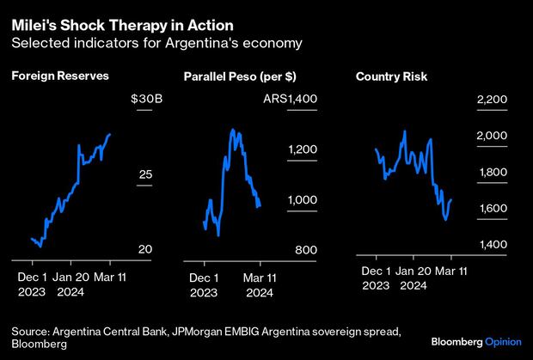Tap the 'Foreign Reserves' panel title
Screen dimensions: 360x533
point(60,76)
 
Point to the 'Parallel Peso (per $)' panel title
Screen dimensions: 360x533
point(235,77)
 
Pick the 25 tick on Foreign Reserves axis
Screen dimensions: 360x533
point(145,174)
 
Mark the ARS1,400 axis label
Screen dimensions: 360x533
point(292,100)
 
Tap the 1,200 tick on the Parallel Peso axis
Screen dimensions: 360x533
point(303,149)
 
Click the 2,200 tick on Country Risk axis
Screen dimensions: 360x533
point(491,100)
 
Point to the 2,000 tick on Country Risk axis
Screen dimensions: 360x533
point(491,136)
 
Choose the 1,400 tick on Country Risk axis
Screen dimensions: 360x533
point(491,245)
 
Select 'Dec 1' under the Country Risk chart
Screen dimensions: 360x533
point(377,272)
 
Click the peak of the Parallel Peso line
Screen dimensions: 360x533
point(233,130)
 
